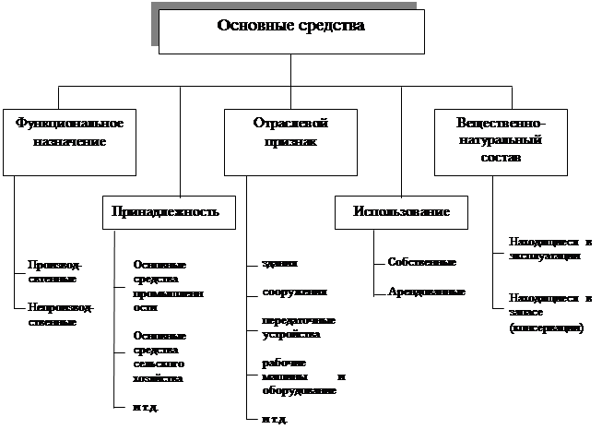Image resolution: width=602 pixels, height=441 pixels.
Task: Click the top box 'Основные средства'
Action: coord(290,31)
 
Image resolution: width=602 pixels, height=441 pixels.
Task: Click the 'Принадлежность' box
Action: coord(165,211)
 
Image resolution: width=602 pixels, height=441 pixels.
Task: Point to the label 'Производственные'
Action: coord(52,271)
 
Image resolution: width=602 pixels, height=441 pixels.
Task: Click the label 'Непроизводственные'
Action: coord(60,315)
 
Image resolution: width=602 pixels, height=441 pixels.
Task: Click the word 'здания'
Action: coord(279,263)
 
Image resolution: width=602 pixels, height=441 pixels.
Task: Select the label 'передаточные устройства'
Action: coord(297,328)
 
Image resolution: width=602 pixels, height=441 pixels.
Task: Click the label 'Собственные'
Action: coord(422,263)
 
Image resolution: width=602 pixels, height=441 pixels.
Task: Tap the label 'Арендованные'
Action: coord(427,292)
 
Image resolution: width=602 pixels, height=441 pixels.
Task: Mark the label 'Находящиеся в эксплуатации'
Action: coord(549,249)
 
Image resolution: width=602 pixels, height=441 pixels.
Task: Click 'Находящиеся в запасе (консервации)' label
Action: coord(549,314)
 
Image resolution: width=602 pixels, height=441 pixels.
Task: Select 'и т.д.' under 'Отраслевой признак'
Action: coord(274,420)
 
